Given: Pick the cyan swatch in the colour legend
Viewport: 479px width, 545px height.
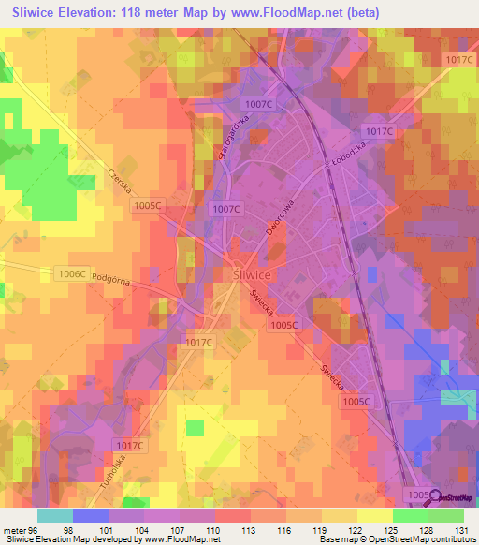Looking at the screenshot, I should click(x=55, y=515).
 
